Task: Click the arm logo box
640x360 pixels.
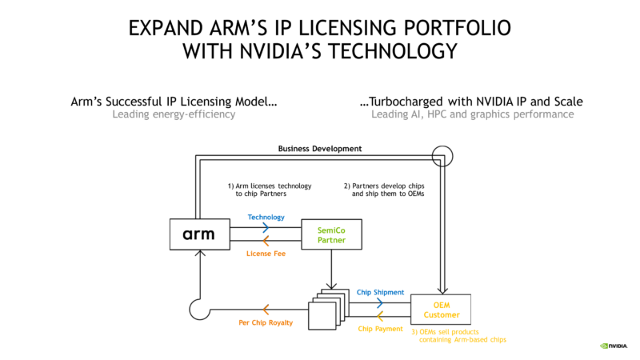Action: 200,234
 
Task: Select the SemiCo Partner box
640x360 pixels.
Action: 331,234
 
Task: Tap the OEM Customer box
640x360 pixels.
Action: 441,310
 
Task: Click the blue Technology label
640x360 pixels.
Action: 266,217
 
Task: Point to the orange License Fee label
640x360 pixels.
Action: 266,254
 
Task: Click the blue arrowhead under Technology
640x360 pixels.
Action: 266,227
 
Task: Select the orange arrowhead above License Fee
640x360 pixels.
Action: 266,241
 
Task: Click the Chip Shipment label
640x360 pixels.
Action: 381,292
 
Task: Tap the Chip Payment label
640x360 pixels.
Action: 381,329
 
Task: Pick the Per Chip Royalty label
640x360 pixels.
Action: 266,322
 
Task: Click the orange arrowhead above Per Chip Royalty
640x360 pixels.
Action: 266,310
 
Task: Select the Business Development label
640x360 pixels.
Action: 320,149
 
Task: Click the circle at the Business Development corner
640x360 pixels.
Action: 442,146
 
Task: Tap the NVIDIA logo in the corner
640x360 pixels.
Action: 614,346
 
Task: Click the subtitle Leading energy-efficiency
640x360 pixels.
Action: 174,114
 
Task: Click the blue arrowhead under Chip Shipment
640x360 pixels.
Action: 379,303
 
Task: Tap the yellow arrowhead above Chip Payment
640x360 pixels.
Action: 379,316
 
